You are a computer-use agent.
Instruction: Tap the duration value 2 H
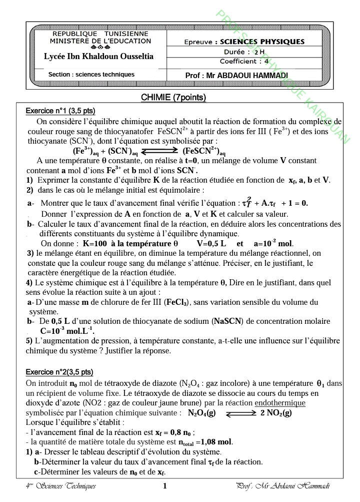point(258,52)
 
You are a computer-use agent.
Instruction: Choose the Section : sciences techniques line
point(91,75)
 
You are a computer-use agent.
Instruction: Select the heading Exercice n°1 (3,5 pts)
point(60,111)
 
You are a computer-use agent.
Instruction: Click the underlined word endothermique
point(280,403)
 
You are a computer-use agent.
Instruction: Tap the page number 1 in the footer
point(165,486)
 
